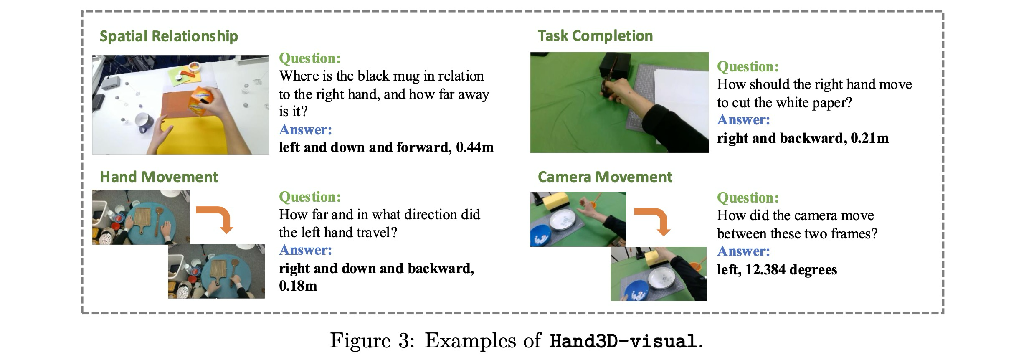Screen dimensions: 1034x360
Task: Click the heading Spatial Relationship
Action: click(169, 36)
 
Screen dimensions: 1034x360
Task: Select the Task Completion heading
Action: click(595, 36)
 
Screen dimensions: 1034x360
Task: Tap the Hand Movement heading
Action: click(159, 177)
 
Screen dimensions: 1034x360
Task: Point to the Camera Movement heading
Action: click(605, 177)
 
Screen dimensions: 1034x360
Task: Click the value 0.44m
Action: click(475, 147)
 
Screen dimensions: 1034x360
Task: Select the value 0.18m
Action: click(298, 286)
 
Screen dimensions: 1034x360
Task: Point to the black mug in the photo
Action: click(144, 122)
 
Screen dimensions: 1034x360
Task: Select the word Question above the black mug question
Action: click(310, 58)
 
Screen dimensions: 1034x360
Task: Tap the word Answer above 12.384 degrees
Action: click(743, 251)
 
